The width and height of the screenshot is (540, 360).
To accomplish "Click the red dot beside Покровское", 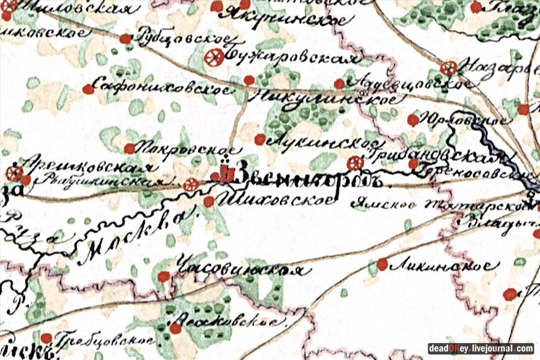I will [129, 148].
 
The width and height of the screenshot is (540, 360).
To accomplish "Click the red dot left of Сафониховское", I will [88, 89].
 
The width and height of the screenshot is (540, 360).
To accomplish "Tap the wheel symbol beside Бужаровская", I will [213, 58].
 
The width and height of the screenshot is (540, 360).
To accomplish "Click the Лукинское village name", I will [324, 142].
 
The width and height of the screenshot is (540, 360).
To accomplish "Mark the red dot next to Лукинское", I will [259, 139].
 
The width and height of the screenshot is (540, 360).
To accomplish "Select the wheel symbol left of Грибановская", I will [355, 163].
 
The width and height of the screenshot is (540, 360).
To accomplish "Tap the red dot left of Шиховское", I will [208, 202].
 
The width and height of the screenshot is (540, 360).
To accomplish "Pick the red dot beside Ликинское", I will [382, 263].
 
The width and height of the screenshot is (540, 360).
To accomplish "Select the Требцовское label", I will [104, 340].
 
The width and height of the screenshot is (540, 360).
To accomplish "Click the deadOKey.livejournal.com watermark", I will [480, 349].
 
